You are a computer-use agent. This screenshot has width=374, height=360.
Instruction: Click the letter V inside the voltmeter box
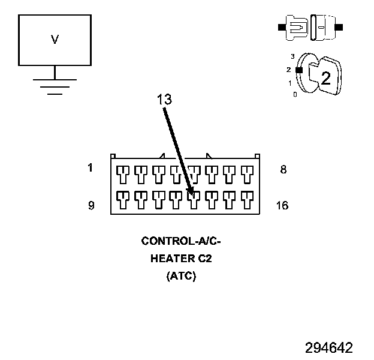click(x=55, y=40)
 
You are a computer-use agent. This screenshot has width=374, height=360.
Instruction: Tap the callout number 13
click(x=164, y=100)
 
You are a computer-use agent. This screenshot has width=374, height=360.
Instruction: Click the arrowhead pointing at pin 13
click(x=191, y=191)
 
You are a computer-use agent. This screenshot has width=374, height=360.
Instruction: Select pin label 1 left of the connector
click(x=90, y=168)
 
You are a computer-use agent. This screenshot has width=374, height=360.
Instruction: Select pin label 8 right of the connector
click(x=283, y=170)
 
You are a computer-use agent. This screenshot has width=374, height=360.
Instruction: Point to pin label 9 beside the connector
click(x=91, y=206)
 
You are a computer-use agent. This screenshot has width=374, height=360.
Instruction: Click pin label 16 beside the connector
click(x=282, y=206)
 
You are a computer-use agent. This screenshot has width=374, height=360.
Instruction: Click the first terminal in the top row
click(x=123, y=174)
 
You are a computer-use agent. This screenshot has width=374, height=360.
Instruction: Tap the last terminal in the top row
click(x=247, y=174)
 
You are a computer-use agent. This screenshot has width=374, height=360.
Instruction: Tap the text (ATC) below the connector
click(x=180, y=277)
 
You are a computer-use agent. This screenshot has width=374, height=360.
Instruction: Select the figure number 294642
click(x=328, y=348)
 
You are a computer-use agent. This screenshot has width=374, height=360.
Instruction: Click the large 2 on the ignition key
click(x=326, y=77)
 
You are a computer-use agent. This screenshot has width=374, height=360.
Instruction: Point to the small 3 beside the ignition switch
click(x=292, y=56)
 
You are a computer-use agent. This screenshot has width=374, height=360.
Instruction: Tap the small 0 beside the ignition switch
click(x=294, y=94)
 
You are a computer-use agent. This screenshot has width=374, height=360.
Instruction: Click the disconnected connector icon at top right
click(x=310, y=27)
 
